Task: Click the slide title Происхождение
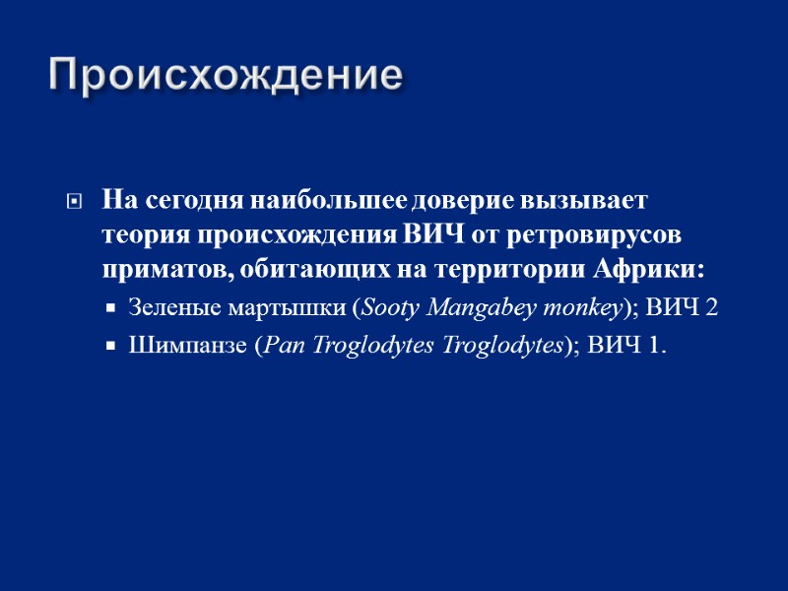(226, 76)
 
